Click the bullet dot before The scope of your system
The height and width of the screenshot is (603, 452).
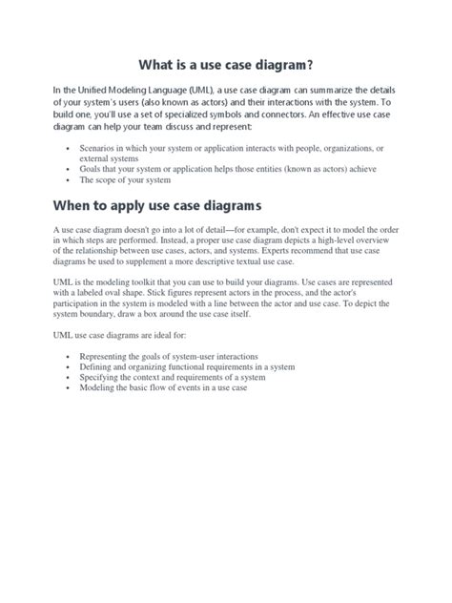click(x=67, y=180)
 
